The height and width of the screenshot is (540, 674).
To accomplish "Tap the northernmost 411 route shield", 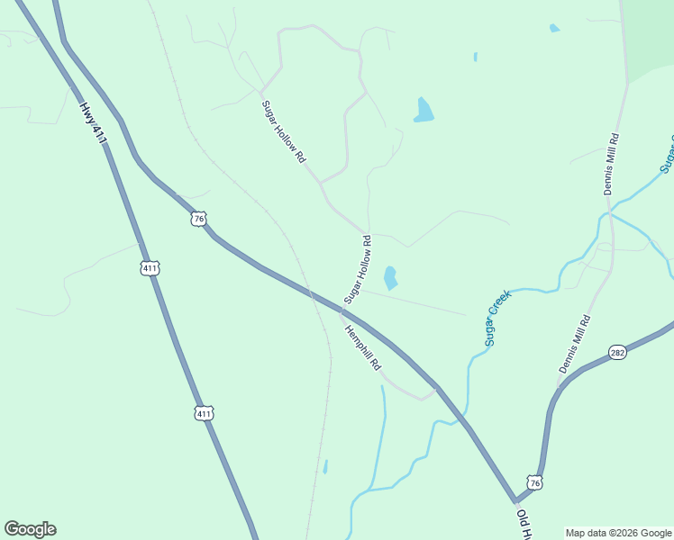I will coord(150,268).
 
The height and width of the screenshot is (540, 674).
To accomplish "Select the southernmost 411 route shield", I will coord(204,413).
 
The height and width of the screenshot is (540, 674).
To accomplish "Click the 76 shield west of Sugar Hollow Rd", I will coord(199,219).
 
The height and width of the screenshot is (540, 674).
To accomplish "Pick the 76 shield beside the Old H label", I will coord(535,483).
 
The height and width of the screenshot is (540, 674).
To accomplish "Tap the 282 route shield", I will coord(617,352).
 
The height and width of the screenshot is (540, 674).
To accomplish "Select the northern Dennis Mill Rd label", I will coord(612,165).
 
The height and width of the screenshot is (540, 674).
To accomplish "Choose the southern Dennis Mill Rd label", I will coord(574,345).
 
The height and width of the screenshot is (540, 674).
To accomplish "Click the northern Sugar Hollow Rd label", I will coord(284,131).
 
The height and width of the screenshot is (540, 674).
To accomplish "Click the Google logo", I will coord(31,529).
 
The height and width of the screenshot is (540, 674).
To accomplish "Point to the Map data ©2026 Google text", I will coord(619,533).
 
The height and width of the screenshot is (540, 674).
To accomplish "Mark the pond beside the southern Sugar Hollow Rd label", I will coord(390,277).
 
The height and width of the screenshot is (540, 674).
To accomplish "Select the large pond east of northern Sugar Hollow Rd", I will coord(424,110).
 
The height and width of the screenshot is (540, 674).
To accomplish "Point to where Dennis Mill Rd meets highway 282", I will coord(560,385).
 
